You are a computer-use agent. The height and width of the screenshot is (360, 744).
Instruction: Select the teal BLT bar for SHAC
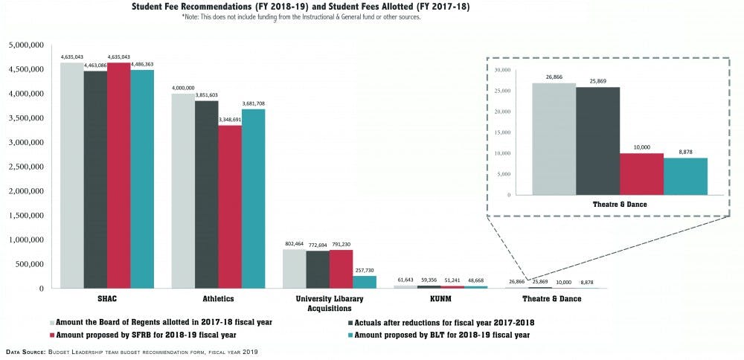tap(142, 179)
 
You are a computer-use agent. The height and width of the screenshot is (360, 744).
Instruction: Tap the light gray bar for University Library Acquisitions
tap(295, 269)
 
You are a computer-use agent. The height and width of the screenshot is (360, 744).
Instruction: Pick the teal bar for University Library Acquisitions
tap(365, 282)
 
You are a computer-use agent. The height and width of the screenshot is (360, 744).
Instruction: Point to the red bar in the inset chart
tap(642, 174)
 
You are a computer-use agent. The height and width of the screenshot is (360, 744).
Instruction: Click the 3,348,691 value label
tap(230, 119)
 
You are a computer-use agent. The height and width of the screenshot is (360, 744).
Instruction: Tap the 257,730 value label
tap(365, 269)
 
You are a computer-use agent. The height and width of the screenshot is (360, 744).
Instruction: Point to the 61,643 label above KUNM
tap(405, 279)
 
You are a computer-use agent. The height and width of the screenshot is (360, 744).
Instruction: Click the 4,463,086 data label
tap(95, 65)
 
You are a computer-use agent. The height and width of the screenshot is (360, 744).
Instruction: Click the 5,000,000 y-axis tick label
tap(27, 45)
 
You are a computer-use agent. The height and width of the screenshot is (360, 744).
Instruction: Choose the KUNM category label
tap(440, 299)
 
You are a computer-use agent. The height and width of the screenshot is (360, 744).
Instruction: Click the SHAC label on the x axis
tap(107, 299)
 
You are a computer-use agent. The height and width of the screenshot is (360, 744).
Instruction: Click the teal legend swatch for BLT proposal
tap(348, 335)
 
